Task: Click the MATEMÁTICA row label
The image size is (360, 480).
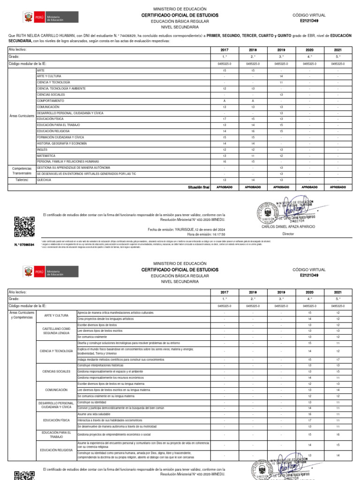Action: (46, 155)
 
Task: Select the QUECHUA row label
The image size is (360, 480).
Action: (45, 180)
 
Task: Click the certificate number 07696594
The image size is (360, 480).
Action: (24, 245)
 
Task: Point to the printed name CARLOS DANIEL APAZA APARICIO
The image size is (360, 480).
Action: (288, 226)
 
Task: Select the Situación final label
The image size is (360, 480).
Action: (199, 187)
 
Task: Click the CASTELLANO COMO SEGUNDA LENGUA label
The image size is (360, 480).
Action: (56, 330)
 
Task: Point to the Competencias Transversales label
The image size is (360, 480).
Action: (22, 170)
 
